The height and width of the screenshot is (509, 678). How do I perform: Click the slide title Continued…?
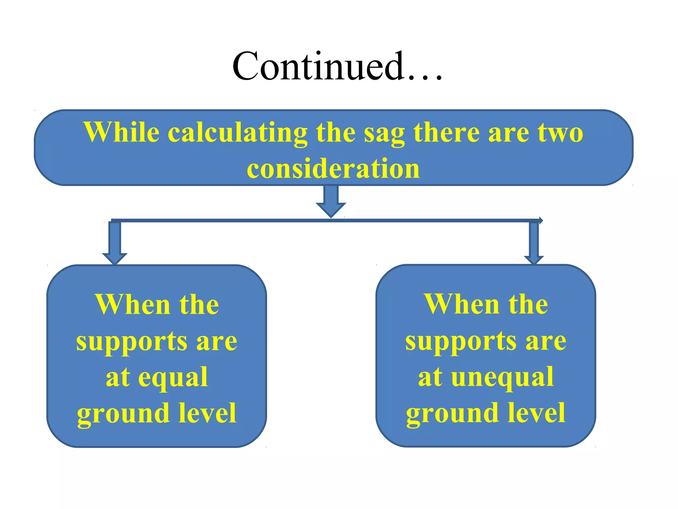(337, 66)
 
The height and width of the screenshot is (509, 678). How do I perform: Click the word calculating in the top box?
(238, 133)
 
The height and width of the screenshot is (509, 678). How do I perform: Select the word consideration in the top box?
(333, 169)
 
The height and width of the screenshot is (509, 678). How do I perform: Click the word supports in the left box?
(132, 342)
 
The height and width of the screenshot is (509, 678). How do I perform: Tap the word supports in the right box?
(461, 342)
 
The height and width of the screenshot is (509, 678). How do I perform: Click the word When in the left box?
(132, 305)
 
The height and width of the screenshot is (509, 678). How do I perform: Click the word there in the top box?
(446, 133)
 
